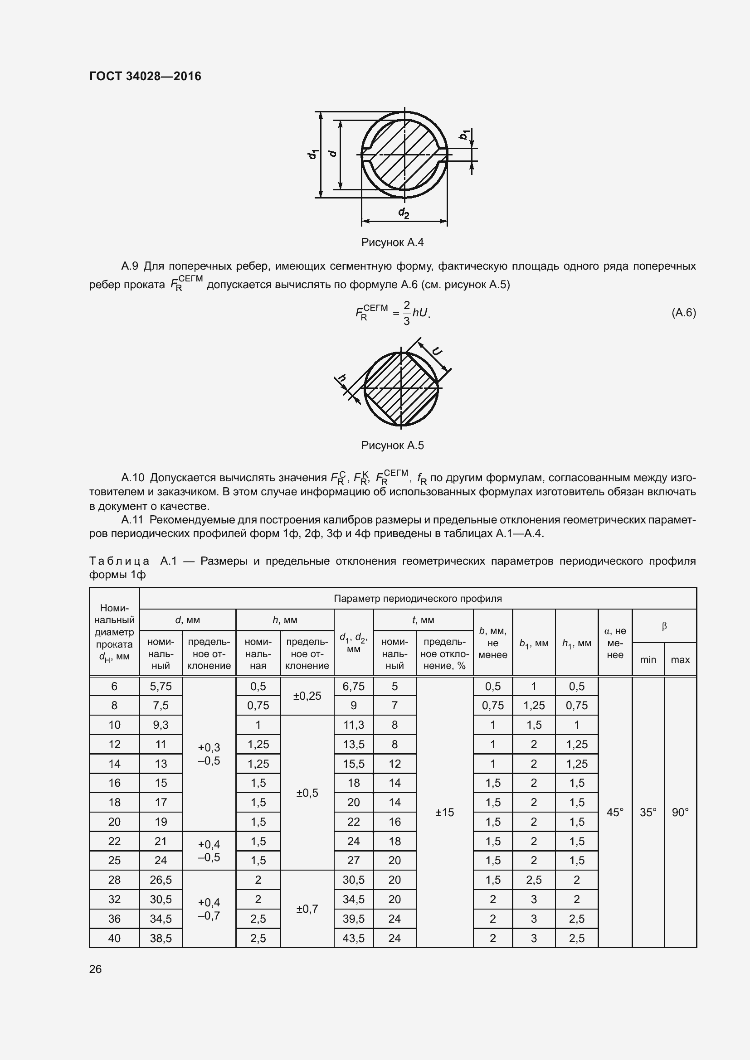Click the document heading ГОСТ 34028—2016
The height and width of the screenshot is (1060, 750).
click(x=145, y=76)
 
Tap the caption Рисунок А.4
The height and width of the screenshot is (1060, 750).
click(x=392, y=242)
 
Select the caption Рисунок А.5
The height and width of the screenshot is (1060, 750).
click(x=392, y=445)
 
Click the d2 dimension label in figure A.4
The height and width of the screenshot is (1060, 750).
click(x=404, y=213)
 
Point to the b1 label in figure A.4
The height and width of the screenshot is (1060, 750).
click(x=464, y=134)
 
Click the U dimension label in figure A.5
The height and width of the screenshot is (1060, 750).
click(x=436, y=351)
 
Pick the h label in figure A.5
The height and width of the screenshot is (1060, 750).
click(x=342, y=379)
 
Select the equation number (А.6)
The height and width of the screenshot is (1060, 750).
click(x=683, y=313)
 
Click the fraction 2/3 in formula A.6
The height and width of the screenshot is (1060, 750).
click(x=406, y=313)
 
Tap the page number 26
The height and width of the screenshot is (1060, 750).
click(x=96, y=969)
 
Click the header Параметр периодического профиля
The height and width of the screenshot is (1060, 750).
click(x=418, y=598)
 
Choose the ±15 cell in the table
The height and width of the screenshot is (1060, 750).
click(x=444, y=812)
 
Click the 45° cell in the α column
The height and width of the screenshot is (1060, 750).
click(x=615, y=812)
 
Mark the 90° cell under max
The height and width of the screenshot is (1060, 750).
click(x=680, y=812)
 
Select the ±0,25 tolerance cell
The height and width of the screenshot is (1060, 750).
click(x=307, y=696)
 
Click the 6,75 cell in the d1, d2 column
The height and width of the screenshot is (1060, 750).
click(x=353, y=687)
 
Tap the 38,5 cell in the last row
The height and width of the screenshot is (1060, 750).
click(x=161, y=938)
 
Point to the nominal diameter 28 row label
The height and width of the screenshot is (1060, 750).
click(x=114, y=880)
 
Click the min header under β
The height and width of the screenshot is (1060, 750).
click(x=648, y=660)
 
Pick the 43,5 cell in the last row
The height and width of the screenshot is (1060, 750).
click(x=353, y=938)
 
